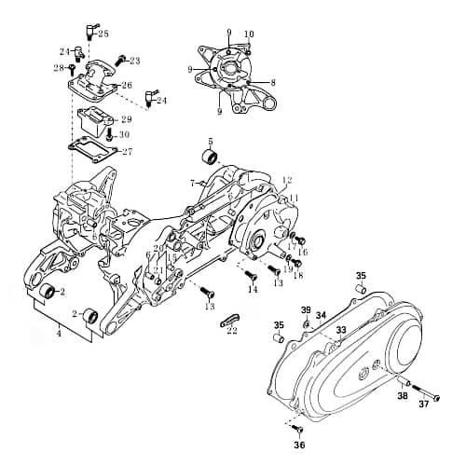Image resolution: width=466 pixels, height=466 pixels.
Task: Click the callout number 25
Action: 103,34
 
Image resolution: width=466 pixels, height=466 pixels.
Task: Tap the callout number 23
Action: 134,61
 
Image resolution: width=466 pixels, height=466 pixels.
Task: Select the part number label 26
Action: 127,86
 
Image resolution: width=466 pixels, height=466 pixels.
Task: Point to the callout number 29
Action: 126,119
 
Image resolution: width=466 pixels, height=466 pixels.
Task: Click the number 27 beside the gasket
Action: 127,152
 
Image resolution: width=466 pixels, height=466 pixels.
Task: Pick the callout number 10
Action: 249,34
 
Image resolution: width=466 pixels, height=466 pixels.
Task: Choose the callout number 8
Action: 273,83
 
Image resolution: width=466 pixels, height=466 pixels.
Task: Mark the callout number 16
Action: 302,252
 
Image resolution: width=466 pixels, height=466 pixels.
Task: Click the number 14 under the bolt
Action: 252,290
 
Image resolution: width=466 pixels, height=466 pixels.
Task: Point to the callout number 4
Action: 59,332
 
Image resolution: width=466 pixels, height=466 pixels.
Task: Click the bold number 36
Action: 299,445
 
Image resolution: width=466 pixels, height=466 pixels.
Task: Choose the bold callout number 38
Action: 403,395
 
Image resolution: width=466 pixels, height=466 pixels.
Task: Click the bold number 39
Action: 306,309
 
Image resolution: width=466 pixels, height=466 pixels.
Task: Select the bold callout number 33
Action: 341,330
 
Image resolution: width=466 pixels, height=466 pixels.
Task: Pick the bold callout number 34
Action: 321,316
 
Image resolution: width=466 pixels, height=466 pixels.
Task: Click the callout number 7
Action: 192,183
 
